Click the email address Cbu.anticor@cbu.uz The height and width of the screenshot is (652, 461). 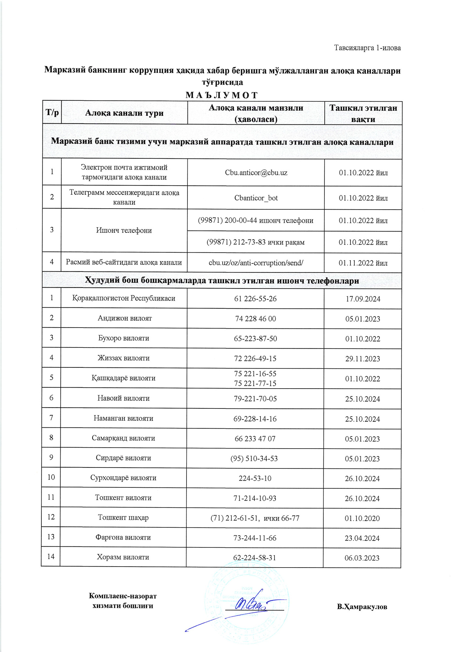tap(256, 173)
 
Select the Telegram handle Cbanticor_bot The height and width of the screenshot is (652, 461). tap(256, 198)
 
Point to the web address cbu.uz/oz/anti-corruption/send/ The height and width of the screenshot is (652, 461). tap(256, 263)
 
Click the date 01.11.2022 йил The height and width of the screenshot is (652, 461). tap(363, 263)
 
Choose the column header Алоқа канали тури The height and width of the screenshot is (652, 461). tap(124, 113)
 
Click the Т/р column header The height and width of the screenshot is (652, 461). tap(52, 113)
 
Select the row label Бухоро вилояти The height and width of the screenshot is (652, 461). tap(124, 338)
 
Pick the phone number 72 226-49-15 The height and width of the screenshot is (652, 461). tap(255, 359)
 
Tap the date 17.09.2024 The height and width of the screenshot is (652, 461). tap(363, 299)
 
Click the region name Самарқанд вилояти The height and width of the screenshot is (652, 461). tap(123, 438)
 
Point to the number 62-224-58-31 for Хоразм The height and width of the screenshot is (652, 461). tap(255, 558)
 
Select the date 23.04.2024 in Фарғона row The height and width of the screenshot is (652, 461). tap(362, 538)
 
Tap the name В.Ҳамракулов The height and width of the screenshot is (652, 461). tap(362, 607)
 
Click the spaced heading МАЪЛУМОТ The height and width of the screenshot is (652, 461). tap(222, 95)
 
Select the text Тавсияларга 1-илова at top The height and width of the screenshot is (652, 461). tap(367, 48)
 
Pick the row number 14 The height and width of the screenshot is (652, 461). tap(51, 556)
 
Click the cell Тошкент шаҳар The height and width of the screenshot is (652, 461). tap(123, 518)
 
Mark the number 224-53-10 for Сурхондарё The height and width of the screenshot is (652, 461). tap(255, 479)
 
